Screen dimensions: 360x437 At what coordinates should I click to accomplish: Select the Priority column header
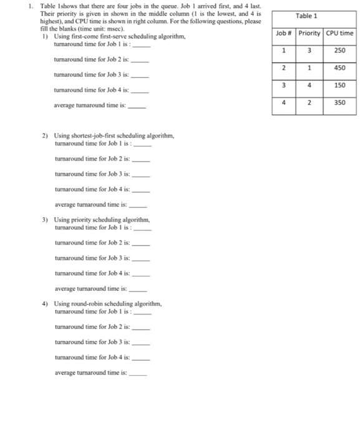pyautogui.click(x=309, y=33)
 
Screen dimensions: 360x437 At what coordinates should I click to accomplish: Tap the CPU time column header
pyautogui.click(x=339, y=33)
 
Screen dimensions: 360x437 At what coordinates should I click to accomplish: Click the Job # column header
pyautogui.click(x=284, y=33)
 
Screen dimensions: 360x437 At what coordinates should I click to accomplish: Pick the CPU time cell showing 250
pyautogui.click(x=339, y=50)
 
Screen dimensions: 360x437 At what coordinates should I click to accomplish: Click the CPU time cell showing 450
pyautogui.click(x=339, y=67)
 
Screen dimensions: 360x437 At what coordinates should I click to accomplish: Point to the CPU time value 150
pyautogui.click(x=339, y=85)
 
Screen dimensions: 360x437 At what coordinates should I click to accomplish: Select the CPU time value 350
pyautogui.click(x=339, y=102)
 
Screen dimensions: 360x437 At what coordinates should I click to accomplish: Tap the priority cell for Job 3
pyautogui.click(x=309, y=85)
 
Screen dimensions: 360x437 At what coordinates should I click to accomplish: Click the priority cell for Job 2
pyautogui.click(x=309, y=67)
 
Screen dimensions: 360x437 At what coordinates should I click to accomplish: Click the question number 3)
pyautogui.click(x=46, y=220)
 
